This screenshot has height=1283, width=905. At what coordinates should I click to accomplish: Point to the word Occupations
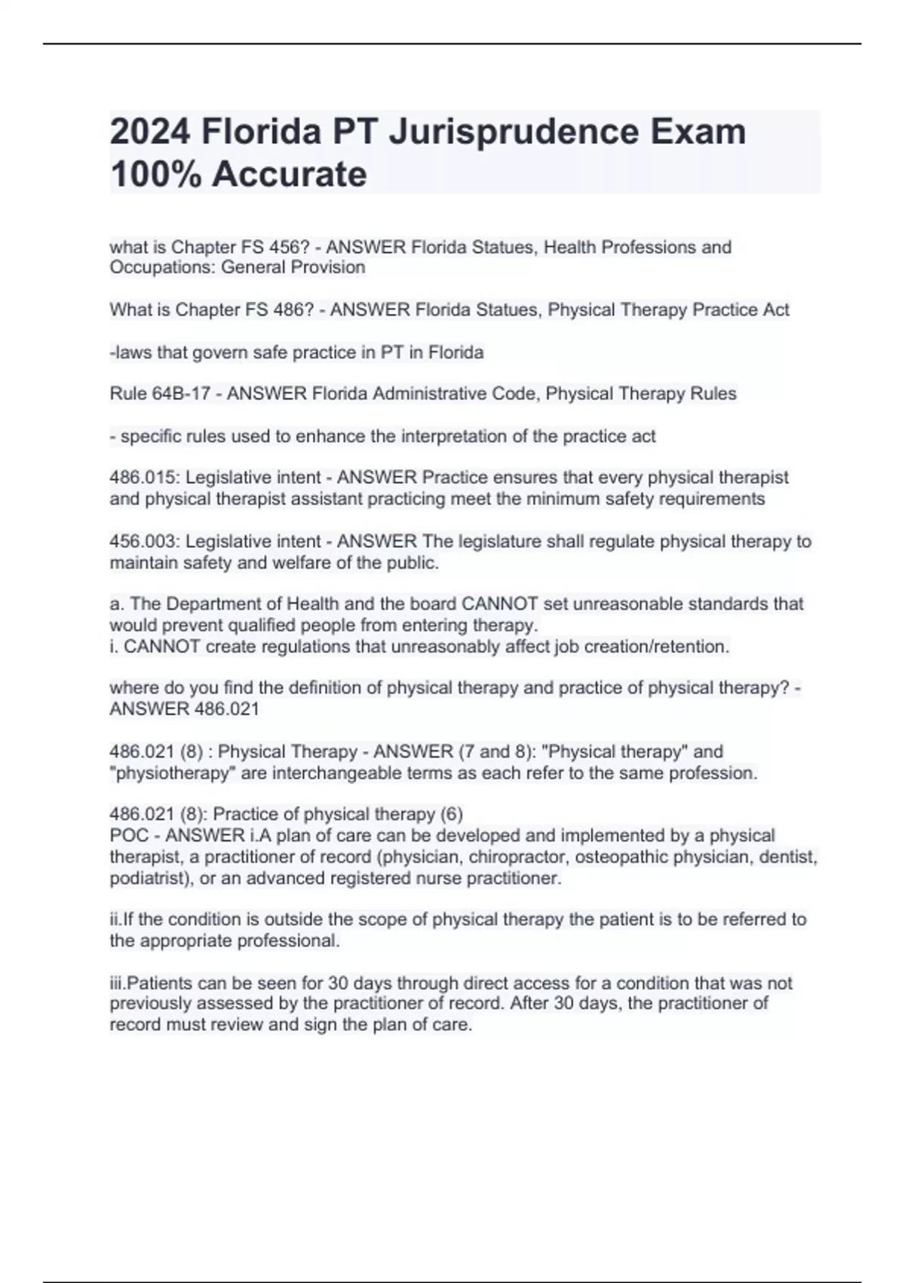point(161,267)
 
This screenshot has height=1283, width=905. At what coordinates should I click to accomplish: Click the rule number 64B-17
point(182,394)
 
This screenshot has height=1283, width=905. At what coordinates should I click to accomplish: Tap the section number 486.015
point(143,478)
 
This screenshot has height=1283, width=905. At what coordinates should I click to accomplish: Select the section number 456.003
point(143,542)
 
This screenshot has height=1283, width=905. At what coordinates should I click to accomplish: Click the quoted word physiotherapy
point(170,774)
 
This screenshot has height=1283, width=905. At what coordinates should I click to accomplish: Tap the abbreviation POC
point(129,836)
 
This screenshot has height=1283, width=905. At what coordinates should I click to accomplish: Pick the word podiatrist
point(147,878)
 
